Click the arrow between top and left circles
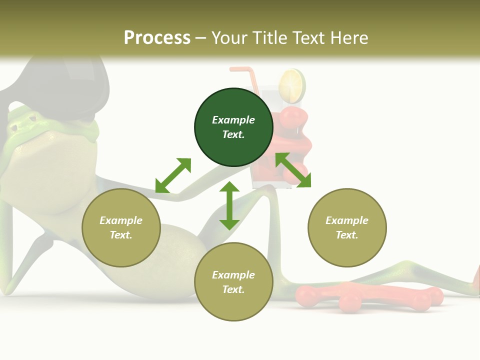point(173,175)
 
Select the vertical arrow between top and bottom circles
point(229,205)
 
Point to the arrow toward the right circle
point(293,170)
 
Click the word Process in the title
point(157,37)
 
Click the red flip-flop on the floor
point(367,296)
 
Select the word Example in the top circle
point(233,120)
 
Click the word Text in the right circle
point(347,235)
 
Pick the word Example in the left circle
point(121,220)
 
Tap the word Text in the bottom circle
point(233,289)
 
